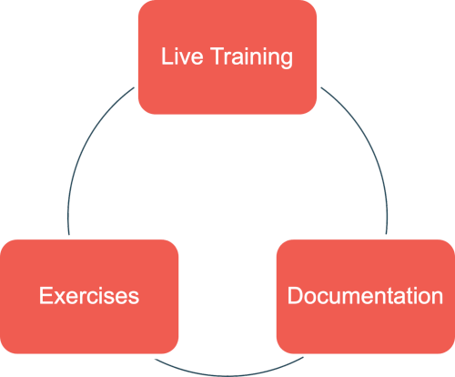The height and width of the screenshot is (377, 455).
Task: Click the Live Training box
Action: (227, 57)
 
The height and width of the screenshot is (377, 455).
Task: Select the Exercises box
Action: (89, 297)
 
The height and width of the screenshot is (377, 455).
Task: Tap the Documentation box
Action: (366, 297)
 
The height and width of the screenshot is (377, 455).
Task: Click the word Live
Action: (182, 56)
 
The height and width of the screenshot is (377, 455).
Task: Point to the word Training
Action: (252, 57)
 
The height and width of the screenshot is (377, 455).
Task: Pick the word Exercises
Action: (89, 295)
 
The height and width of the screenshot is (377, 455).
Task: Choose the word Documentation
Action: (365, 295)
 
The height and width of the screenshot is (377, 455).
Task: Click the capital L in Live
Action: (167, 56)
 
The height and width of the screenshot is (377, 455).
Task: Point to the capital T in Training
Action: (217, 56)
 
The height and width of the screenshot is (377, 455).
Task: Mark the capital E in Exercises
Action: (45, 295)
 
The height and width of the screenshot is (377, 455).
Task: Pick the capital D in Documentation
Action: (296, 295)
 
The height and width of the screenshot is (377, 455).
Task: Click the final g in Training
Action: (287, 60)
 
